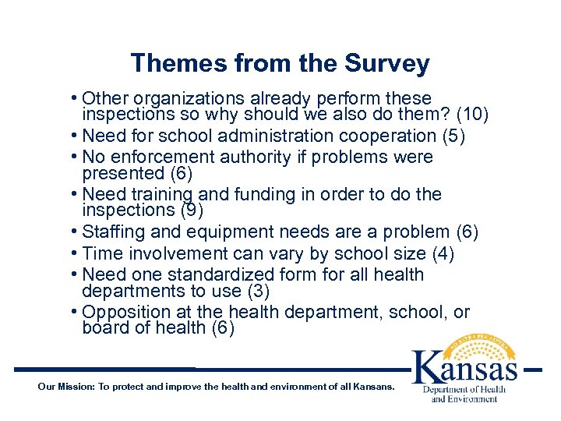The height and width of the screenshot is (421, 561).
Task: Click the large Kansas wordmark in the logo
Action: tap(464, 366)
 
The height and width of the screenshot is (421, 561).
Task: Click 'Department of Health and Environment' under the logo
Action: tap(464, 394)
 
